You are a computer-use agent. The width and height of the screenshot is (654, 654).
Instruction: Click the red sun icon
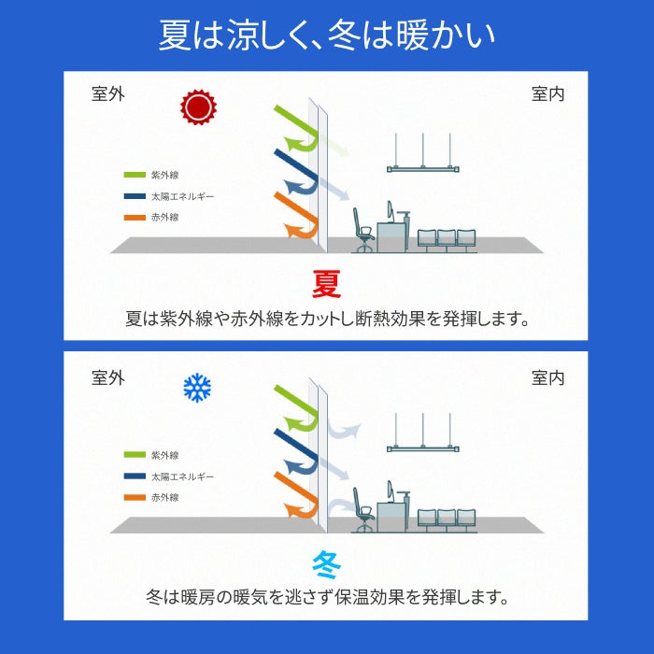pos(197,107)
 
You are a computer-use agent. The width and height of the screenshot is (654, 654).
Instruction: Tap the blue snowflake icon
pos(197,388)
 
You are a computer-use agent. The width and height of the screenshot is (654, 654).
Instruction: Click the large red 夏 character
pos(326,283)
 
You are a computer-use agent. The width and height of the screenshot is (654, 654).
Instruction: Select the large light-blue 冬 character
pos(326,562)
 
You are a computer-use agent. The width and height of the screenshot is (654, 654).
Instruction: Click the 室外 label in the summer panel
pos(107,94)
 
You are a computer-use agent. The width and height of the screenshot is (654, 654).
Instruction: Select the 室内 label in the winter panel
pos(547,377)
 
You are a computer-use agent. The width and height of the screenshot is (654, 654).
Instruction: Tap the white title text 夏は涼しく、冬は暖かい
pos(326,35)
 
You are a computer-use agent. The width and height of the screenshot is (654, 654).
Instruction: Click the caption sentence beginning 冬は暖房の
pos(326,596)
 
